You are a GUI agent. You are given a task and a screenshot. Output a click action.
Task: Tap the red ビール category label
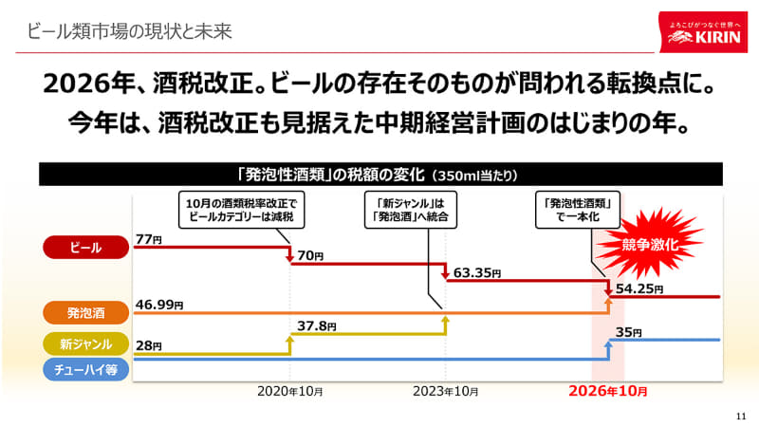pos(85,247)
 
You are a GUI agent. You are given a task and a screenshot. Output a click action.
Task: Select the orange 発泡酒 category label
pos(85,310)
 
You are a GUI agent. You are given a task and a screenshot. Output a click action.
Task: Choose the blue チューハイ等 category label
pos(85,370)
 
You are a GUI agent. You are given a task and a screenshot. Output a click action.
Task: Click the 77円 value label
pos(149,240)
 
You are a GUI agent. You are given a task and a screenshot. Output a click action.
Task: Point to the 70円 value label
pos(311,256)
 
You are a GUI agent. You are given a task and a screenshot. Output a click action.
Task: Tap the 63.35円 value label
pos(477,273)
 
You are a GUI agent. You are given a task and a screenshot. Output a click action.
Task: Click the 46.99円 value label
pos(159,305)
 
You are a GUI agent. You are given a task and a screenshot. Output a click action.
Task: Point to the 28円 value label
pos(149,345)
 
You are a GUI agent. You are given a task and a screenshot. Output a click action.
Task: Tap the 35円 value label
pos(629,332)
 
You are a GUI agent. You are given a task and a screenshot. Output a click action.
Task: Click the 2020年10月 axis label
pos(289,391)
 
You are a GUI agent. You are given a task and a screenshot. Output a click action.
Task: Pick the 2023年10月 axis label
pos(445,391)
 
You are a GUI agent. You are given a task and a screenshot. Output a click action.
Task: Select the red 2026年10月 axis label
pos(608,391)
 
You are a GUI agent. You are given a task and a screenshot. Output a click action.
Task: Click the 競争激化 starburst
pos(650,244)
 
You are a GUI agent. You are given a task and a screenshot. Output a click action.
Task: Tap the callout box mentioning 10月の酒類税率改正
pos(243,209)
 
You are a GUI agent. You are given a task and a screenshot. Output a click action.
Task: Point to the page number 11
pos(741,415)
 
